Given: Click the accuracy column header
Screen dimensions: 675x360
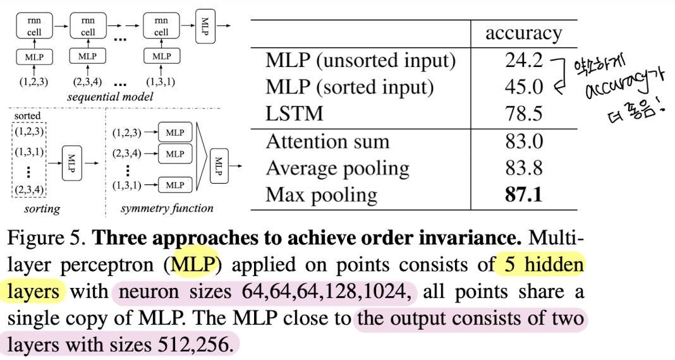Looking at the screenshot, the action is (523, 33).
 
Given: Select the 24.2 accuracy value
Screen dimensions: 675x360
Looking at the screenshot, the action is (524, 61).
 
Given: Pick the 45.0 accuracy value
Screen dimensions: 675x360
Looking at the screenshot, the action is (524, 87).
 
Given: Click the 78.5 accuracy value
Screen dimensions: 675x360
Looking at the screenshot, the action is (524, 114).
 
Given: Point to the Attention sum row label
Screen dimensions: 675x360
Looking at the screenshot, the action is (327, 141).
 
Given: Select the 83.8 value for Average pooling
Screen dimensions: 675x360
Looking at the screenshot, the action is (524, 168).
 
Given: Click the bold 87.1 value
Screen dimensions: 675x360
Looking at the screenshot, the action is (524, 195).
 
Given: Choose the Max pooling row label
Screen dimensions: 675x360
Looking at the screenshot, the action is (322, 195).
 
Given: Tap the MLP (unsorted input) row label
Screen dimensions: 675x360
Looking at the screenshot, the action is (361, 61).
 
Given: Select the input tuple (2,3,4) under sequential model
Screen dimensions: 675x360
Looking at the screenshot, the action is (87, 82).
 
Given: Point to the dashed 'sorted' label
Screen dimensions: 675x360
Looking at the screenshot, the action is (27, 116).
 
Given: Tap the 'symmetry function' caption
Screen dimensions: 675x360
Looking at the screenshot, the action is (167, 208).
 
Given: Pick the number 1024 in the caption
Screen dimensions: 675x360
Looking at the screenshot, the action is (390, 292).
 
